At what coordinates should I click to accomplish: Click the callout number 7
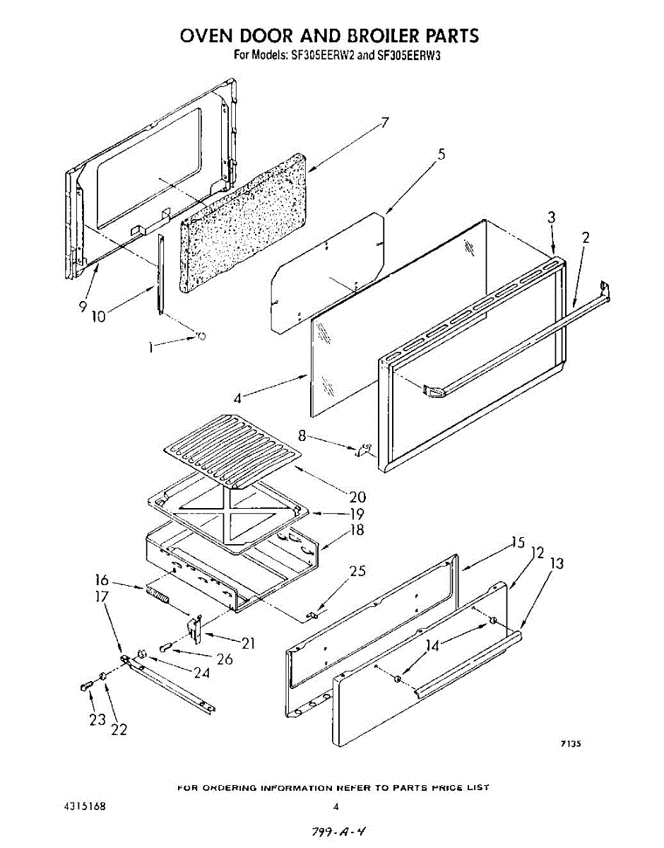tap(384, 123)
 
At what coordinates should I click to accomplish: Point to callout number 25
tap(358, 571)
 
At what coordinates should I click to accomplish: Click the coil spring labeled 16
tap(158, 594)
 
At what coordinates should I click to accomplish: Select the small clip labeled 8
tap(364, 449)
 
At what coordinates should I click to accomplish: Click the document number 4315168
tap(81, 806)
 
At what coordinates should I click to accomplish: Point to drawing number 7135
tap(571, 743)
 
